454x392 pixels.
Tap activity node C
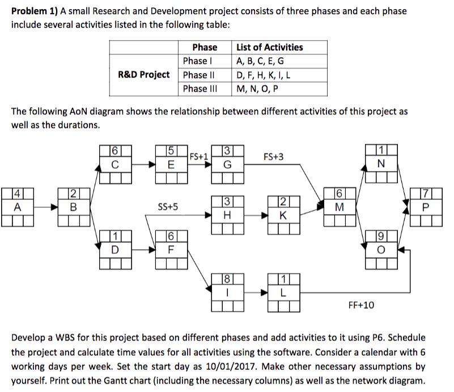pos(114,165)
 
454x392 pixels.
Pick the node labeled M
pos(340,207)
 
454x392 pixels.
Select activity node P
pos(426,207)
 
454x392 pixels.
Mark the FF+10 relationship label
pos(360,305)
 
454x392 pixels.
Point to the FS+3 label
pos(274,156)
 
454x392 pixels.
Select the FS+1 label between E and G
pos(198,155)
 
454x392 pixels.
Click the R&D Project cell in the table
pos(143,75)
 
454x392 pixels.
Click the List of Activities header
pos(269,47)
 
